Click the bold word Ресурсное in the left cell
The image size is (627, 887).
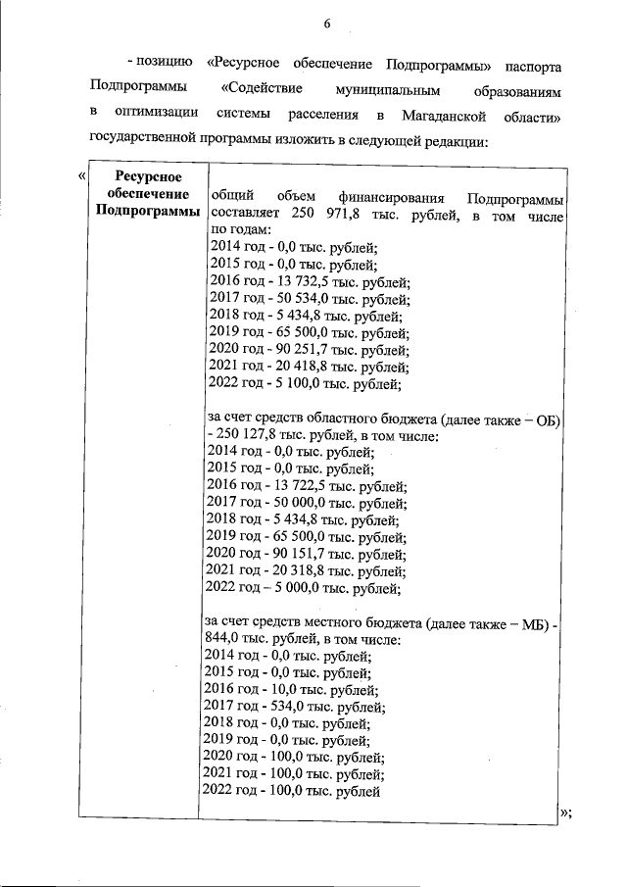[x=145, y=176]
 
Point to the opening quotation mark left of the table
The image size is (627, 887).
[x=80, y=175]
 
